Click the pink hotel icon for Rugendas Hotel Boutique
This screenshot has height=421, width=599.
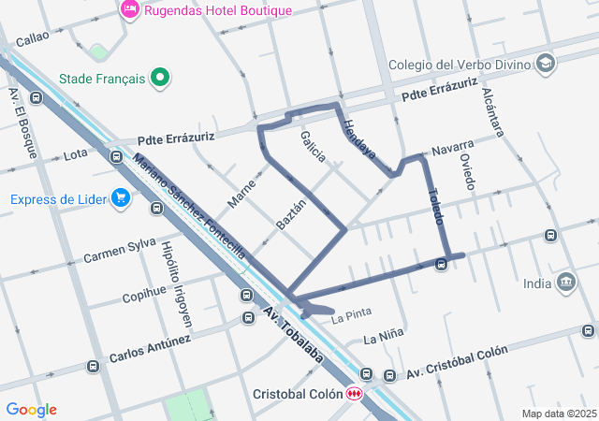[130, 10]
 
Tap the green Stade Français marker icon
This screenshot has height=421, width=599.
[160, 79]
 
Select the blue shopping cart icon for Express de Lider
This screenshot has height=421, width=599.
[120, 198]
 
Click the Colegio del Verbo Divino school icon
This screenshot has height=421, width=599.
[547, 65]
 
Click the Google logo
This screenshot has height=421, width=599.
[31, 410]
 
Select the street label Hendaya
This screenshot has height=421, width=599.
[358, 138]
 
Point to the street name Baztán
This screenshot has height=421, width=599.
[291, 215]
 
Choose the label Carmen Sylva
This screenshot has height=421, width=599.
[119, 251]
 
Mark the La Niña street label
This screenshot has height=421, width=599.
[383, 337]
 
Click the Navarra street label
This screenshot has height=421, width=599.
[453, 147]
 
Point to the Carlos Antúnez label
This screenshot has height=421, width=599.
[150, 350]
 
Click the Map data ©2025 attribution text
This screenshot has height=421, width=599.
[558, 414]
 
